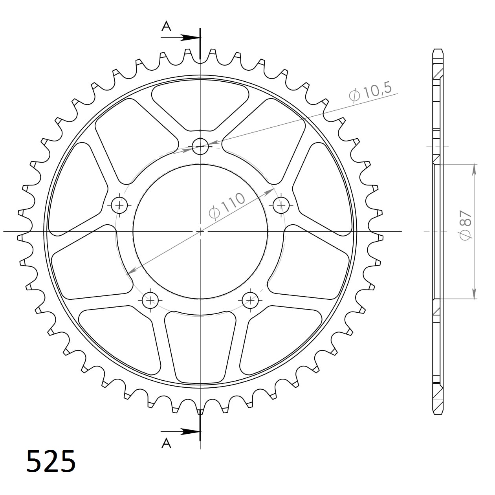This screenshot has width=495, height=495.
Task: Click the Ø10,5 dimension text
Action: click(370, 93)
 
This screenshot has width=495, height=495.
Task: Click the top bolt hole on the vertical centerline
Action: click(200, 147)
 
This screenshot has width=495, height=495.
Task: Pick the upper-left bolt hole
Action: click(119, 205)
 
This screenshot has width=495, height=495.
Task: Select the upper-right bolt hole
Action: click(281, 205)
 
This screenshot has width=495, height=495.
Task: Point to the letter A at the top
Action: click(167, 26)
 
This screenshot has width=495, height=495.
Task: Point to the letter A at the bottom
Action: click(167, 444)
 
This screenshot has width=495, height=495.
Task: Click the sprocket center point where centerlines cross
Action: click(200, 231)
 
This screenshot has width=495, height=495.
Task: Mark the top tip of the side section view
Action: click(438, 50)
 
